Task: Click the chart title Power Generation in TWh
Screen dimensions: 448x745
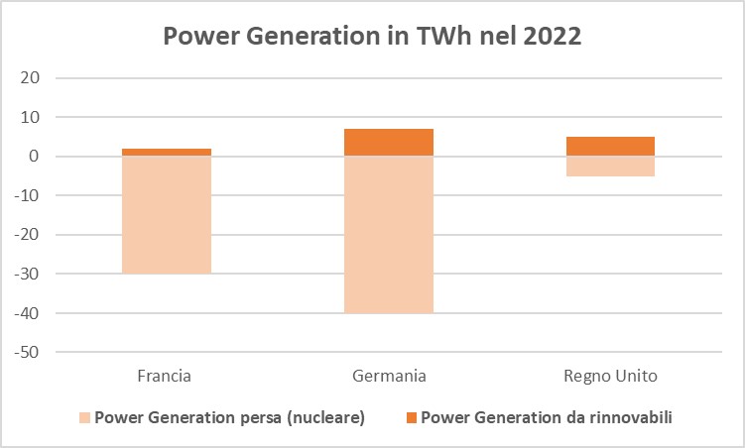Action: [x=372, y=38]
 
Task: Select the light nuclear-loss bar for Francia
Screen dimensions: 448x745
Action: [x=167, y=214]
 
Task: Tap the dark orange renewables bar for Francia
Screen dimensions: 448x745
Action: [x=167, y=152]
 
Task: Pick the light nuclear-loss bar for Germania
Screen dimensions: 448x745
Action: [x=389, y=234]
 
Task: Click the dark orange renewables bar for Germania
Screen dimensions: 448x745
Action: [x=389, y=142]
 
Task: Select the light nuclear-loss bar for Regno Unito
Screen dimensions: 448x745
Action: [x=610, y=166]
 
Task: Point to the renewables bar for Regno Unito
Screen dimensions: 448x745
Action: [x=610, y=146]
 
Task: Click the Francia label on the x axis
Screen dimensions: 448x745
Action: [x=164, y=377]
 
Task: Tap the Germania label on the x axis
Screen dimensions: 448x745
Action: [x=389, y=377]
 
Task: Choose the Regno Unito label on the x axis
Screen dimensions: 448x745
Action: [x=610, y=377]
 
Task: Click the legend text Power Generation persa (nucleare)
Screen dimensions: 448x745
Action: [x=229, y=418]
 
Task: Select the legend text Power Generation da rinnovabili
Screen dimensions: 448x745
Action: [x=547, y=418]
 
